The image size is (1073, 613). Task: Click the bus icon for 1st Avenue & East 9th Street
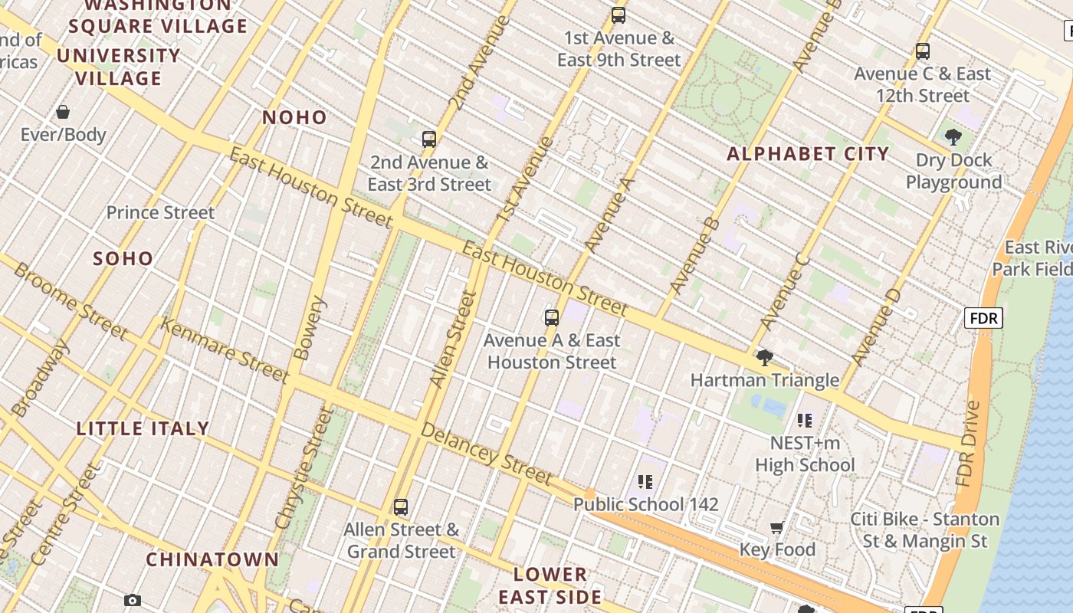[619, 15]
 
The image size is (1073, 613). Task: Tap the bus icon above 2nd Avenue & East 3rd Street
[429, 139]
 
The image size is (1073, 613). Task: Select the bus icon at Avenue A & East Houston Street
[552, 317]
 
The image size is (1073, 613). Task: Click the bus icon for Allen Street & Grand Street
[401, 506]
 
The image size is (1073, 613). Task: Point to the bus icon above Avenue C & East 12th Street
[923, 51]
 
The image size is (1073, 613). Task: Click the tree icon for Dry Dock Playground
[953, 137]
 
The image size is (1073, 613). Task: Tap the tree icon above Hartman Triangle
[764, 357]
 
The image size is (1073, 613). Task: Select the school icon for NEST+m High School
[805, 420]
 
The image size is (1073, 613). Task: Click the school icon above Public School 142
[645, 481]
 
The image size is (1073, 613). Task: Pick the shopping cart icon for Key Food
[777, 527]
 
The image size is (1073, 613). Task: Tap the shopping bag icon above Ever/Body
[63, 112]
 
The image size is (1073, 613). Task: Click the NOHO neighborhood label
[294, 117]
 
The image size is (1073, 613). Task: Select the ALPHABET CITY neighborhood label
[808, 153]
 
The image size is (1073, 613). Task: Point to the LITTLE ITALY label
[143, 428]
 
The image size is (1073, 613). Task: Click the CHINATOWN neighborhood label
[212, 559]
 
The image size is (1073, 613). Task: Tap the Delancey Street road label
[487, 455]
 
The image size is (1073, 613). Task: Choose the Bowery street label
[310, 328]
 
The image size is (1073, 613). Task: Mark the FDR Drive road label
[969, 444]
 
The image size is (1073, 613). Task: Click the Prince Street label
[160, 212]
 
